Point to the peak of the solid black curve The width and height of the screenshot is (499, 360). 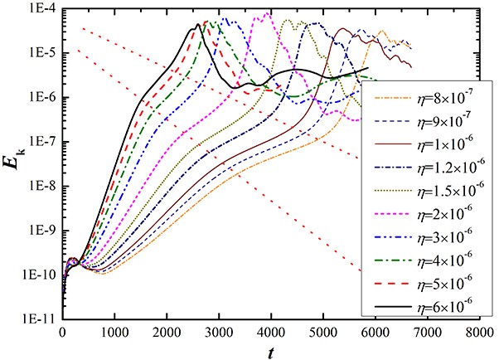pyautogui.click(x=198, y=25)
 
